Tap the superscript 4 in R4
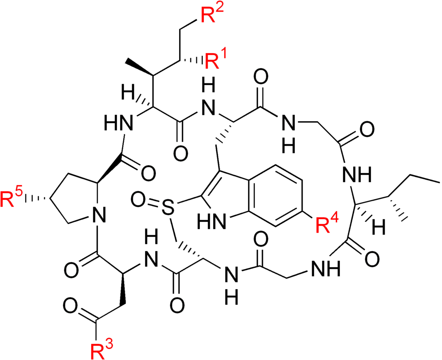click(x=335, y=219)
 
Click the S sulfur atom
click(x=168, y=208)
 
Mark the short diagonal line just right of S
click(x=220, y=221)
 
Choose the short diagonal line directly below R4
click(x=318, y=268)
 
